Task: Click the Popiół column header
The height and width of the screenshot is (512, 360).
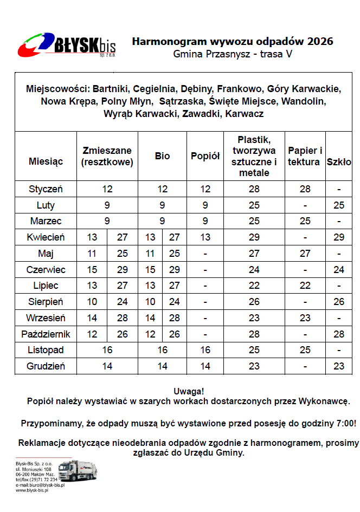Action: (205, 156)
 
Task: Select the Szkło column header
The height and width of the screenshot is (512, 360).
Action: (339, 162)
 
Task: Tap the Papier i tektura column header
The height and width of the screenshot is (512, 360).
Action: (305, 156)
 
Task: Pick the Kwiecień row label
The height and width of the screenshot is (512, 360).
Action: (46, 237)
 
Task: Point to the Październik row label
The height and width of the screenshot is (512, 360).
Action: (46, 334)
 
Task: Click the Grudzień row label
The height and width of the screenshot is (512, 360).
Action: (46, 366)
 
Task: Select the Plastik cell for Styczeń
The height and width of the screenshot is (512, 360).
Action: (254, 189)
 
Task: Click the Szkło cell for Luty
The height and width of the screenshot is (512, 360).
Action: (339, 205)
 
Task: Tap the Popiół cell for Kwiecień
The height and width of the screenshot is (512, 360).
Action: (205, 237)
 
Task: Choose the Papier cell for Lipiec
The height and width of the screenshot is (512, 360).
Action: (305, 286)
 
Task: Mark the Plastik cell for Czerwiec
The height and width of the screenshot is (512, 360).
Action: (254, 269)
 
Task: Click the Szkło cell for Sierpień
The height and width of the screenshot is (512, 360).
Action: (339, 302)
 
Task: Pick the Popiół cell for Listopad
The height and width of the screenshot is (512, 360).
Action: (205, 350)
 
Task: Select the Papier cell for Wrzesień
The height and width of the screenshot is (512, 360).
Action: (305, 317)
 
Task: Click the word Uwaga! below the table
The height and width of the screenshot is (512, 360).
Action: (188, 391)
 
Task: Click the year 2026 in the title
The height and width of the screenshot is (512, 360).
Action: (320, 41)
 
